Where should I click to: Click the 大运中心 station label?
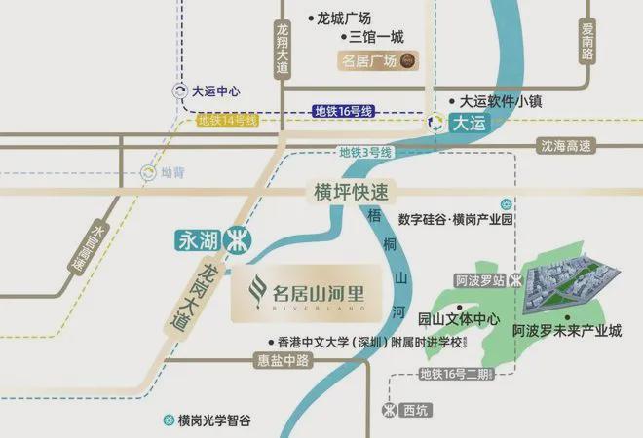pyautogui.click(x=215, y=91)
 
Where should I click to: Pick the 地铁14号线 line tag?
pyautogui.click(x=227, y=121)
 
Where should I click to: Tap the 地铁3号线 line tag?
pyautogui.click(x=365, y=153)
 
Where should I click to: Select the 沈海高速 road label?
pyautogui.click(x=566, y=146)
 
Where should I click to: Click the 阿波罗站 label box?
pyautogui.click(x=479, y=279)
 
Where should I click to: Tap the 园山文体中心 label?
pyautogui.click(x=459, y=318)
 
